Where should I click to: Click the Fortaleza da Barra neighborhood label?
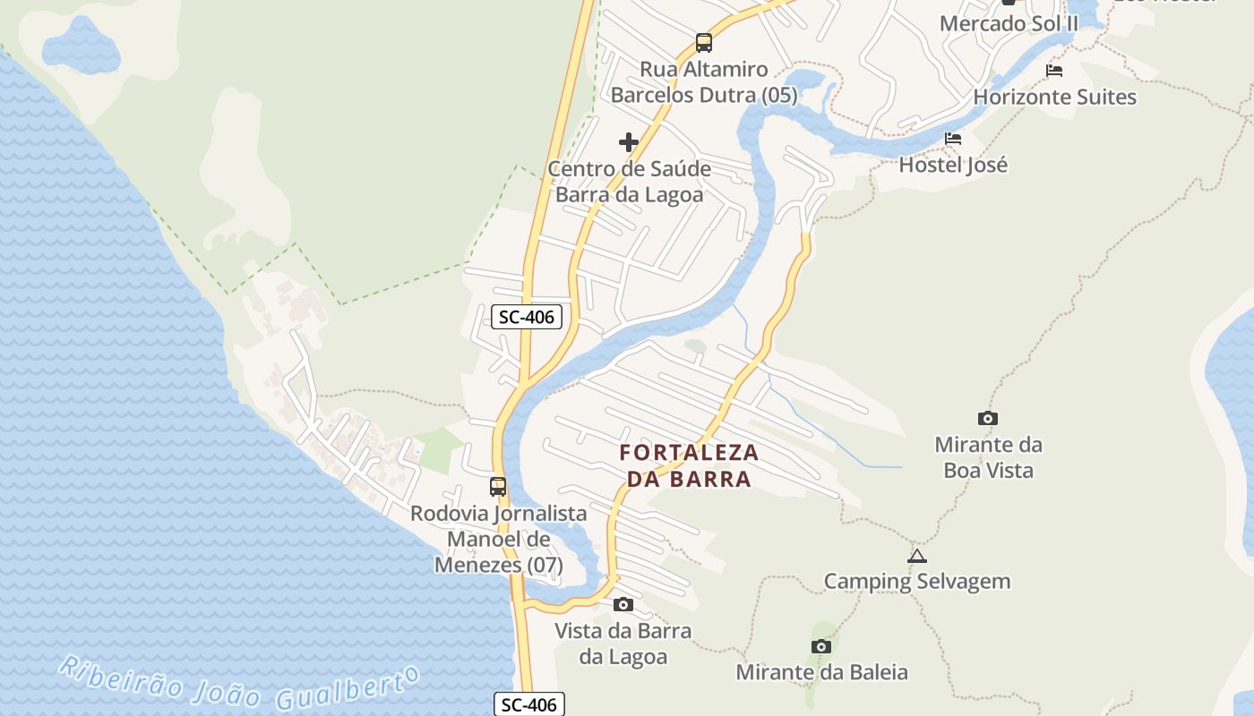(x=689, y=465)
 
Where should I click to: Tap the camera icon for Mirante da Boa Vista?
(x=987, y=418)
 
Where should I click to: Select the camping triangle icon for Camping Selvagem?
(x=916, y=556)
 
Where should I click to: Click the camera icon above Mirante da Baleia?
(x=820, y=646)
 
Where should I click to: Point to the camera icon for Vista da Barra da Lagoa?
(x=623, y=605)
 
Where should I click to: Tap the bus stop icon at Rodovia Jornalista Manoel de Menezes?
(x=498, y=487)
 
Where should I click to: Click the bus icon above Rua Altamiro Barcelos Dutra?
(x=703, y=42)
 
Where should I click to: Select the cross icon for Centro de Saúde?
(x=629, y=141)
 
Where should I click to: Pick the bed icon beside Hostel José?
(x=953, y=139)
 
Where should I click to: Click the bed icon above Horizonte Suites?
(x=1054, y=71)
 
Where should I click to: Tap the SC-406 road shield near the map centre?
(x=527, y=316)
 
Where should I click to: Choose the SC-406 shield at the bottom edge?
(x=528, y=704)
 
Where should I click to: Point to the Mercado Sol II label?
(x=1009, y=24)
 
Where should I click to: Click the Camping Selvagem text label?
(x=916, y=582)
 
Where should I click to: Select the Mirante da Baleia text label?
(x=821, y=672)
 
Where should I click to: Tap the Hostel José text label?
(x=953, y=165)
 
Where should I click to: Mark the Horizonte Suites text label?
(x=1054, y=97)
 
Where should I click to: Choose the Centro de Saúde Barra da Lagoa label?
(x=629, y=182)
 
